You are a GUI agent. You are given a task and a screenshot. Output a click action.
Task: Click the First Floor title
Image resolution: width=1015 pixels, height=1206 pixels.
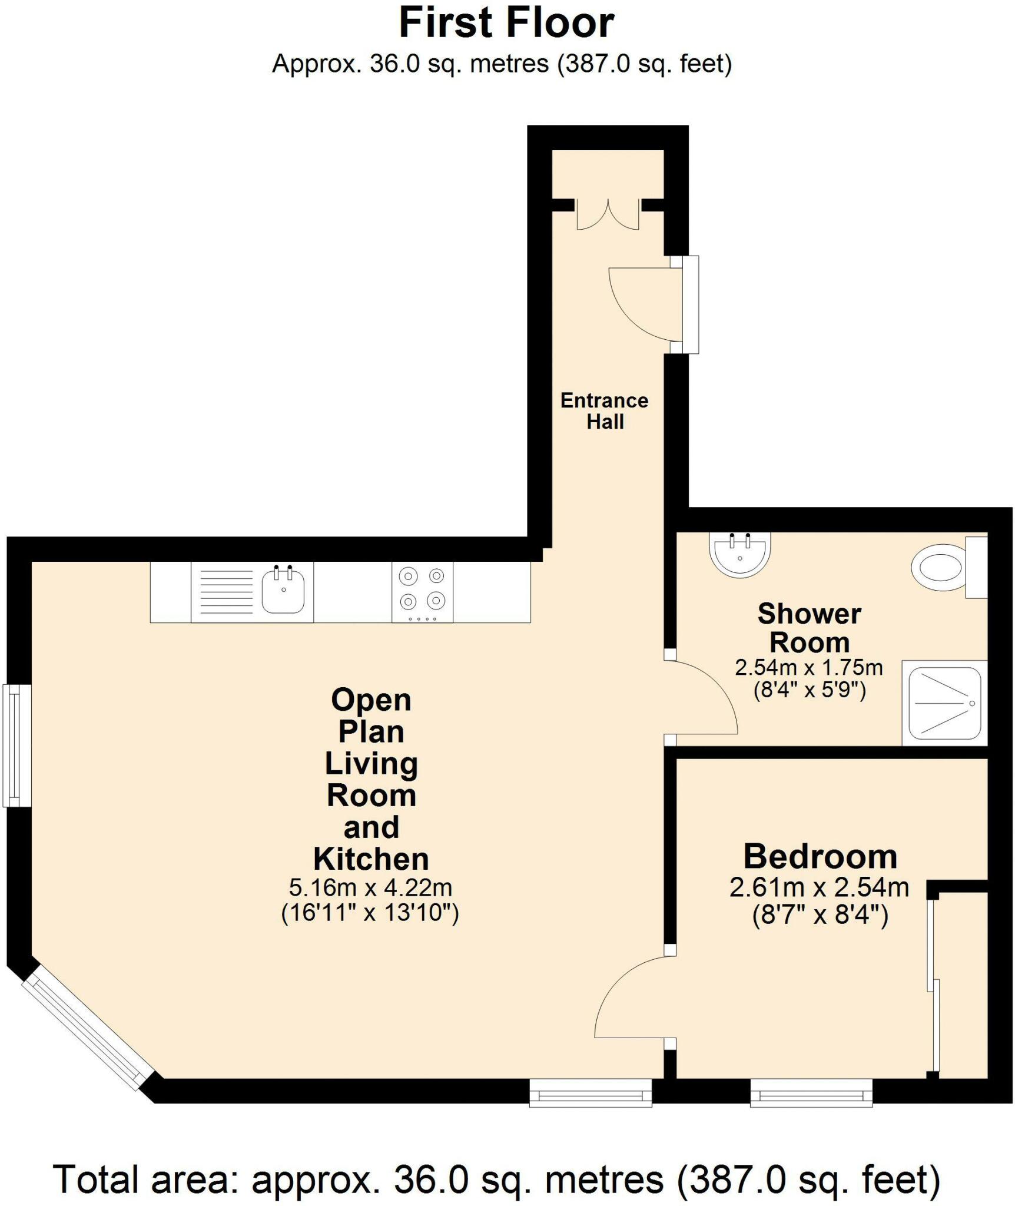(506, 24)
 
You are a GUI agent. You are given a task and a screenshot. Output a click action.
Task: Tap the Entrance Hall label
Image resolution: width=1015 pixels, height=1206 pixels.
(604, 411)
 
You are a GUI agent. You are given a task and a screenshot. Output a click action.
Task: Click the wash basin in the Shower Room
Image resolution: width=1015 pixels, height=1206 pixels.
(740, 554)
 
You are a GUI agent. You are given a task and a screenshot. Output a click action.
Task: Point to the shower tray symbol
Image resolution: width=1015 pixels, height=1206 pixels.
(944, 703)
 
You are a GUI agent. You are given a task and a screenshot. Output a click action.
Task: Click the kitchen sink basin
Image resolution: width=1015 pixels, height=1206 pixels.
(283, 591)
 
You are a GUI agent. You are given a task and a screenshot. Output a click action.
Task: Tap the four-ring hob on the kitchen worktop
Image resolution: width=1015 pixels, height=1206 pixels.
(422, 591)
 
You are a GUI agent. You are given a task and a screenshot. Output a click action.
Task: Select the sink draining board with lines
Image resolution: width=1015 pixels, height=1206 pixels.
(226, 591)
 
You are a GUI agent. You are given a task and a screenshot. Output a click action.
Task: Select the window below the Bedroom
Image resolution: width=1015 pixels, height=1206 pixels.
(811, 1094)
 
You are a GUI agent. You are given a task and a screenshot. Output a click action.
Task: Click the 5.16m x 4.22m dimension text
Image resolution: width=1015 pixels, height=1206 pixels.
(370, 887)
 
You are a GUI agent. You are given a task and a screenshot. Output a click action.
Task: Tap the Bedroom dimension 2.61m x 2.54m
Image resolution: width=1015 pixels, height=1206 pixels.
(819, 887)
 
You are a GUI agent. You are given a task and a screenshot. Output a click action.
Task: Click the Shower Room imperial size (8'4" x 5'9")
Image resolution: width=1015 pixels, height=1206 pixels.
(810, 690)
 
